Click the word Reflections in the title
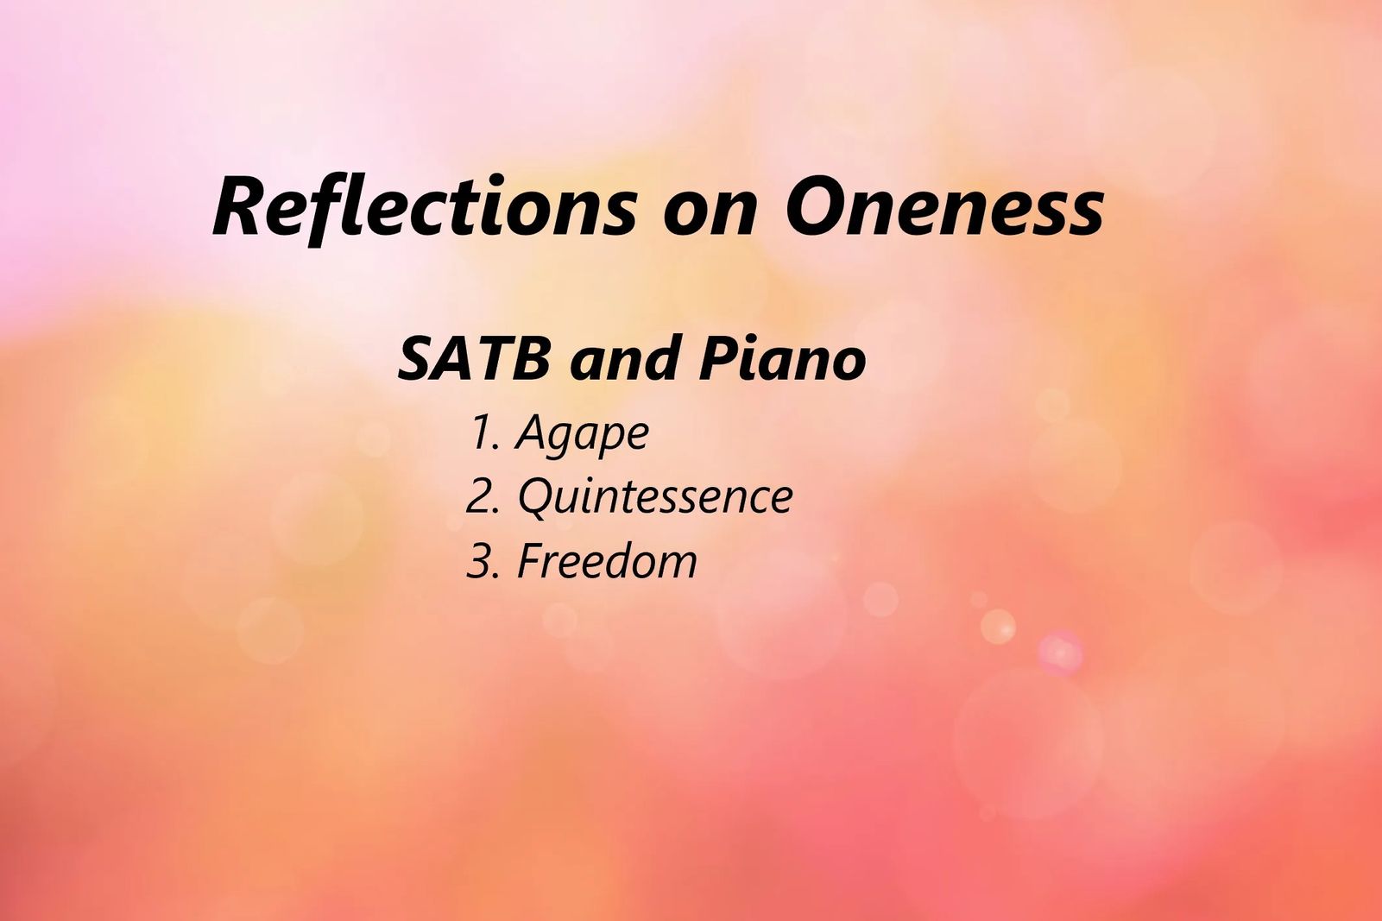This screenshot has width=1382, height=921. (425, 207)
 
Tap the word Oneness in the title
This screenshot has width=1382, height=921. (944, 207)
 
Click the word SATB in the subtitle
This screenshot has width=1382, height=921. (473, 358)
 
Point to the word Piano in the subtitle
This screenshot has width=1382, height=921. (782, 358)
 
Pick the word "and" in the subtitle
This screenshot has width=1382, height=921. (623, 358)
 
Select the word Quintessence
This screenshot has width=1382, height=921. (655, 496)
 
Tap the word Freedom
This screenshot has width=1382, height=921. (607, 560)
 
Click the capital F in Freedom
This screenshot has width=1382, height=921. (533, 560)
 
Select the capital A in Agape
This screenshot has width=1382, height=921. (533, 432)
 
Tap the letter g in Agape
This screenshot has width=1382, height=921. (565, 441)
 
